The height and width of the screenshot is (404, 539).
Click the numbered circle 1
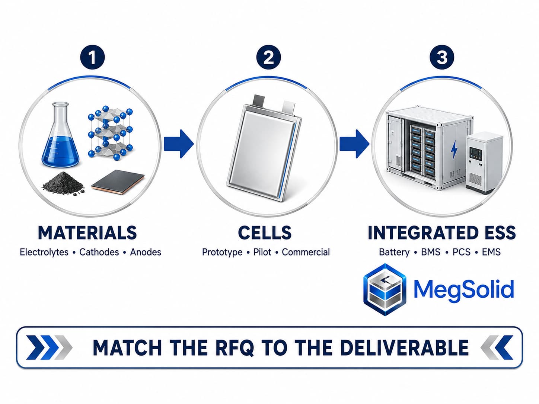coord(92,57)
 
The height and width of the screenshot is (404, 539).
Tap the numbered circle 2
coord(268,57)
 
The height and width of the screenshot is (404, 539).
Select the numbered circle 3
coord(441,57)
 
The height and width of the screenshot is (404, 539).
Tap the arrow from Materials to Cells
coord(179,144)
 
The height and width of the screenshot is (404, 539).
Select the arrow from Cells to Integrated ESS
coord(354,144)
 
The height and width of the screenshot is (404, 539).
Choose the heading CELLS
coord(265,233)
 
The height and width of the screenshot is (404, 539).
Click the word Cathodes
coord(99,252)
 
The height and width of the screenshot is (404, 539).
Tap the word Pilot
coord(262,252)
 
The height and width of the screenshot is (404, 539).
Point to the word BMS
coord(431,252)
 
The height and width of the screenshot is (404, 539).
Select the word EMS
coord(491,252)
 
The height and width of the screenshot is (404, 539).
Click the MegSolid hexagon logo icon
coord(385,289)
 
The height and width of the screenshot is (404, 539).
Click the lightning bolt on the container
coord(454,150)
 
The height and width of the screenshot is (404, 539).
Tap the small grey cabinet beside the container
coord(484,163)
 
